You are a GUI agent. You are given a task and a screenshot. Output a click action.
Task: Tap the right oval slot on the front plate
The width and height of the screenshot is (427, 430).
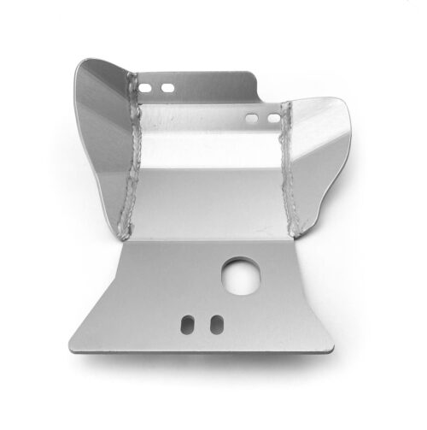click(x=216, y=323)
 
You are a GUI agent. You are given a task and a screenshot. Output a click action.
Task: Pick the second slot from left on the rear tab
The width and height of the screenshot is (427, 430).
click(x=167, y=88)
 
